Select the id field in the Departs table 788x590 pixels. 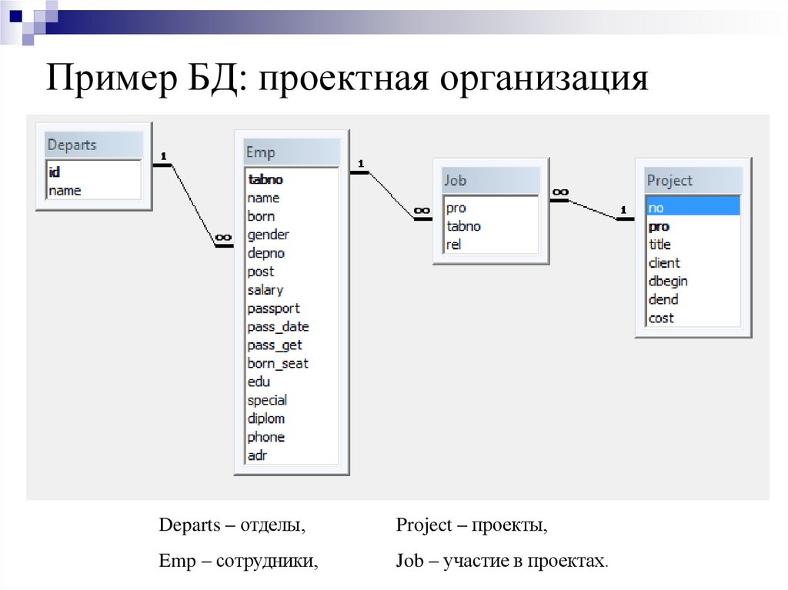point(55,172)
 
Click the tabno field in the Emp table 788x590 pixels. point(265,179)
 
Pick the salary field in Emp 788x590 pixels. point(265,290)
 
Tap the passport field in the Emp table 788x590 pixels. point(273,308)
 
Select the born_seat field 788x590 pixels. point(278,363)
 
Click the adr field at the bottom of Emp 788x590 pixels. point(257,455)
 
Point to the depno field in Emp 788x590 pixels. point(266,253)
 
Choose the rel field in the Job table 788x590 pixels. point(453,245)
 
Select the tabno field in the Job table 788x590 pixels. point(463,226)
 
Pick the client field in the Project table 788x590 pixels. point(664,263)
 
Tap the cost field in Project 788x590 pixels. point(661,318)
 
